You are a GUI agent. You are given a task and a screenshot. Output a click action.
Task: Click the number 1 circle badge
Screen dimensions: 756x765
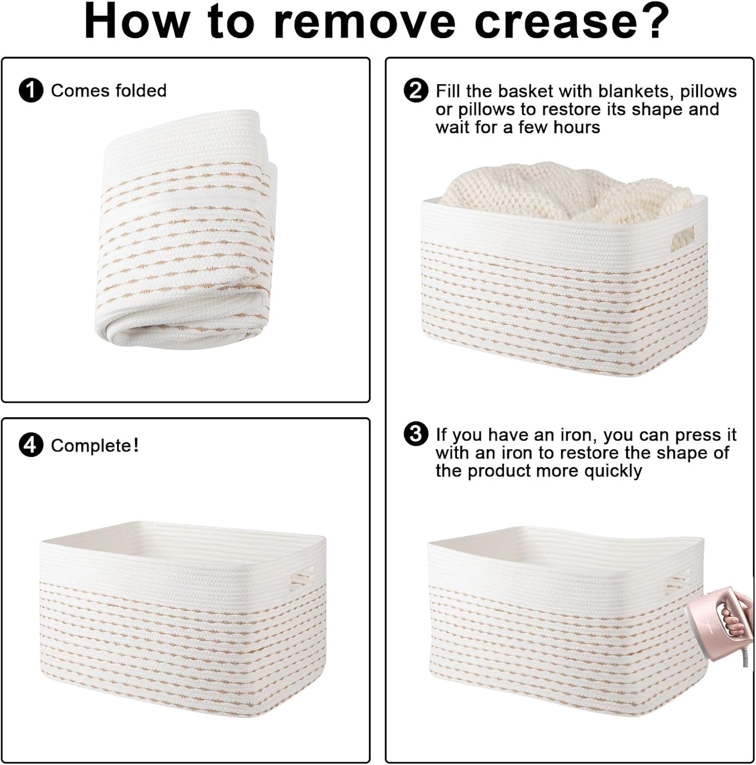[30, 91]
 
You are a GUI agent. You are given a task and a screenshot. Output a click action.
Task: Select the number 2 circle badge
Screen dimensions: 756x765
[415, 91]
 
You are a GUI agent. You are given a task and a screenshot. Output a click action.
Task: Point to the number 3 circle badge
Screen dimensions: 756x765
[415, 434]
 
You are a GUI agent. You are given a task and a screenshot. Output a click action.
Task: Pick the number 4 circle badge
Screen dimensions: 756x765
[30, 445]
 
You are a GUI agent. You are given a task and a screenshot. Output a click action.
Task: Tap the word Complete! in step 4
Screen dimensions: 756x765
[95, 446]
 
